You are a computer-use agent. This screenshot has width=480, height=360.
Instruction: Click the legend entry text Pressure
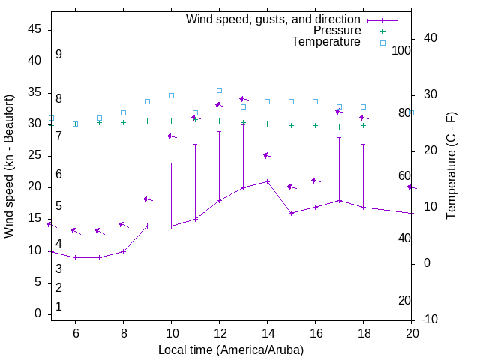tap(337, 31)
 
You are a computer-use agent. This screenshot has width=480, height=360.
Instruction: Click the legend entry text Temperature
tap(326, 42)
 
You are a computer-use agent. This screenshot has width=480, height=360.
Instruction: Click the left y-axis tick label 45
tap(34, 28)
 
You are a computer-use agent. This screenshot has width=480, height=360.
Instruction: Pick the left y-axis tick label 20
tap(34, 187)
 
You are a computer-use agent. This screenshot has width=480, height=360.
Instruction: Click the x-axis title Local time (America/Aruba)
tap(231, 349)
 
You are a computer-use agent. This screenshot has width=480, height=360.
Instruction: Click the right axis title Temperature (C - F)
tap(451, 166)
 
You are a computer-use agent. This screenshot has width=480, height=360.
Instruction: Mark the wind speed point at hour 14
tap(267, 181)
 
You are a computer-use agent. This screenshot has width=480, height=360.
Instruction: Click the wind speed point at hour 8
tap(123, 251)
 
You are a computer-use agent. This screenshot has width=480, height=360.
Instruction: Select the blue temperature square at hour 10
tap(171, 95)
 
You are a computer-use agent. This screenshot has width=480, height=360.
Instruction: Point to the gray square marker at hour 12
tap(219, 90)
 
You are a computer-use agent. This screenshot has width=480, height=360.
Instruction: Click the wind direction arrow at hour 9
tap(147, 199)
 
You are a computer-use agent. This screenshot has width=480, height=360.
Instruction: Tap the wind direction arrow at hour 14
tap(267, 156)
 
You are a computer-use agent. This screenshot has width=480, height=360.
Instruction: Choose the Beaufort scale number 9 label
tap(58, 55)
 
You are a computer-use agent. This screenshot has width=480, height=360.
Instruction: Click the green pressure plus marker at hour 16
tap(315, 125)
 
